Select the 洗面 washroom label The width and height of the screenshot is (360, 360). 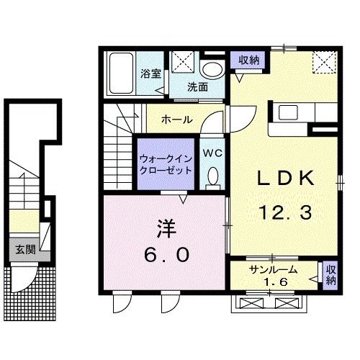coord(198,87)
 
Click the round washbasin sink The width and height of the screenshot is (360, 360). coord(212,70)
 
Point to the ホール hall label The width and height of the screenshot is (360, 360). coord(176,118)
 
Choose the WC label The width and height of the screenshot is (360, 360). coord(212,153)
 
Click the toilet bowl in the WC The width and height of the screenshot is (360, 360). coord(212,176)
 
